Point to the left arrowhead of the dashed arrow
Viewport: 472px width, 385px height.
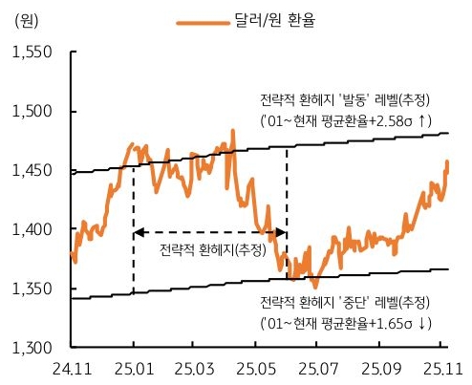pyautogui.click(x=137, y=232)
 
